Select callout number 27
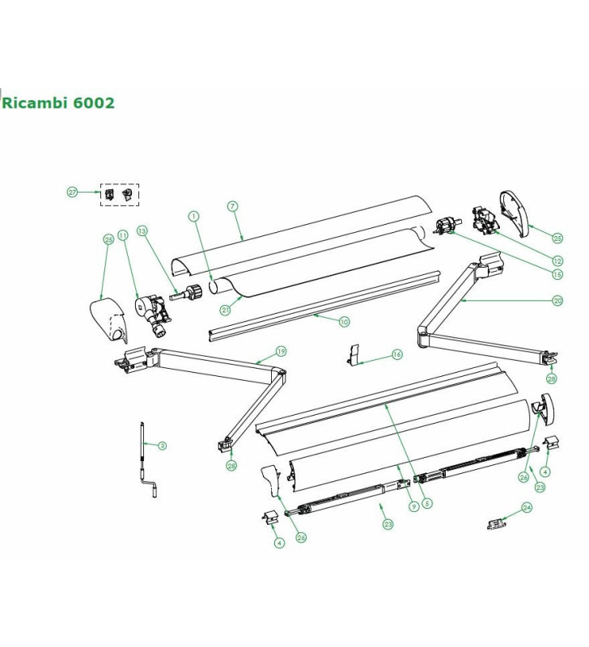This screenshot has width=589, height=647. coord(72,192)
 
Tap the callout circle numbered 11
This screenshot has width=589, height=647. coord(123,235)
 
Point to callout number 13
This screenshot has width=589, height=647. coord(142,230)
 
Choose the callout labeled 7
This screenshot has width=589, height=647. coord(232,206)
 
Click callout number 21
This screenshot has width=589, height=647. coord(225,310)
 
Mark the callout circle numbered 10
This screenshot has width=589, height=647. coord(344,322)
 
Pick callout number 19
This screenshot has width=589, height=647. coord(281,351)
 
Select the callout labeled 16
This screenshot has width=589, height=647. coord(396,354)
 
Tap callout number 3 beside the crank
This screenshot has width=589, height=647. coord(162,446)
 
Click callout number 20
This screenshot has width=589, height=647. coord(557,300)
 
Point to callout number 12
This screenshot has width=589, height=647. coord(557,260)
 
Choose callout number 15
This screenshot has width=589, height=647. coord(557,274)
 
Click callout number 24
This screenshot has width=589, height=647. coord(527,508)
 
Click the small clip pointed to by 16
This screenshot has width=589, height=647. coord(353,354)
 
